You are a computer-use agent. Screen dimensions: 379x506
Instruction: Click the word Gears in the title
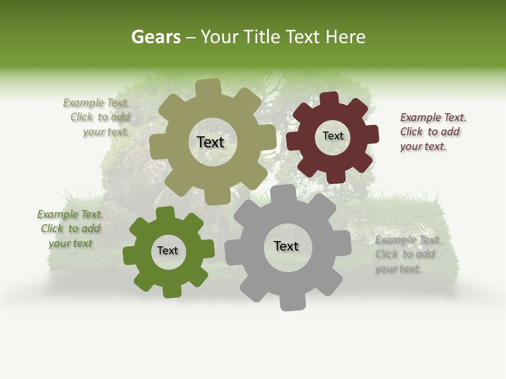155,37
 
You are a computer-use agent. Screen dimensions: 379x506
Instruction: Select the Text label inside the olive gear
210,142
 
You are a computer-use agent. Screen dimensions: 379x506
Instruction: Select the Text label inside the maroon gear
333,136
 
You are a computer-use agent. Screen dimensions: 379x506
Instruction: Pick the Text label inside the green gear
168,251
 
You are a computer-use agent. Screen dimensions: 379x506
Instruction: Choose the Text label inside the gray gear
286,246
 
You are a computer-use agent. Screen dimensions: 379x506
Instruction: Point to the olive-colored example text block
97,117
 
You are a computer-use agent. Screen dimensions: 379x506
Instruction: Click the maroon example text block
433,132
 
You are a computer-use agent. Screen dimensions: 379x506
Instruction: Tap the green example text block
71,228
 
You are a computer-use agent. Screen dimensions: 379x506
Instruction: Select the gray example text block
407,254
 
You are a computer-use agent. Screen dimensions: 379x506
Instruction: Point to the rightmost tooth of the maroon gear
372,135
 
